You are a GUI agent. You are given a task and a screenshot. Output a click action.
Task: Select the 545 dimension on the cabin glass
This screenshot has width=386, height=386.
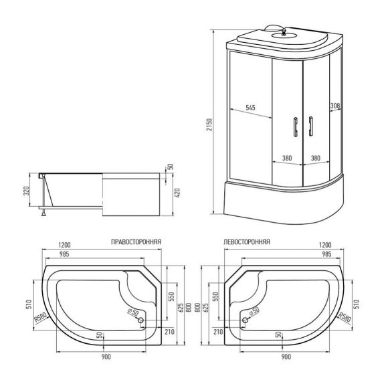[x=250, y=107]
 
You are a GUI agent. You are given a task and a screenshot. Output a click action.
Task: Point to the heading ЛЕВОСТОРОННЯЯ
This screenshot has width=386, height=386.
[x=247, y=244]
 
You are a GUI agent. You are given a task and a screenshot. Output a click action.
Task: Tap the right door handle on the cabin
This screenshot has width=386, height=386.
[x=311, y=126]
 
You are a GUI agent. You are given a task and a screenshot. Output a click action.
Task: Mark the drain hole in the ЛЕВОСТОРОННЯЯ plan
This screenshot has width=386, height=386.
[x=245, y=320]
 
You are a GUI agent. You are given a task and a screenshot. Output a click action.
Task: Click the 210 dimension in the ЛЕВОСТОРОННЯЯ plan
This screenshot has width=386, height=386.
[x=218, y=331]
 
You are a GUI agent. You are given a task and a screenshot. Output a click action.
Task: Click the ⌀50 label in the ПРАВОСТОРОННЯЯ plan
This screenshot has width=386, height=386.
[x=133, y=312]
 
